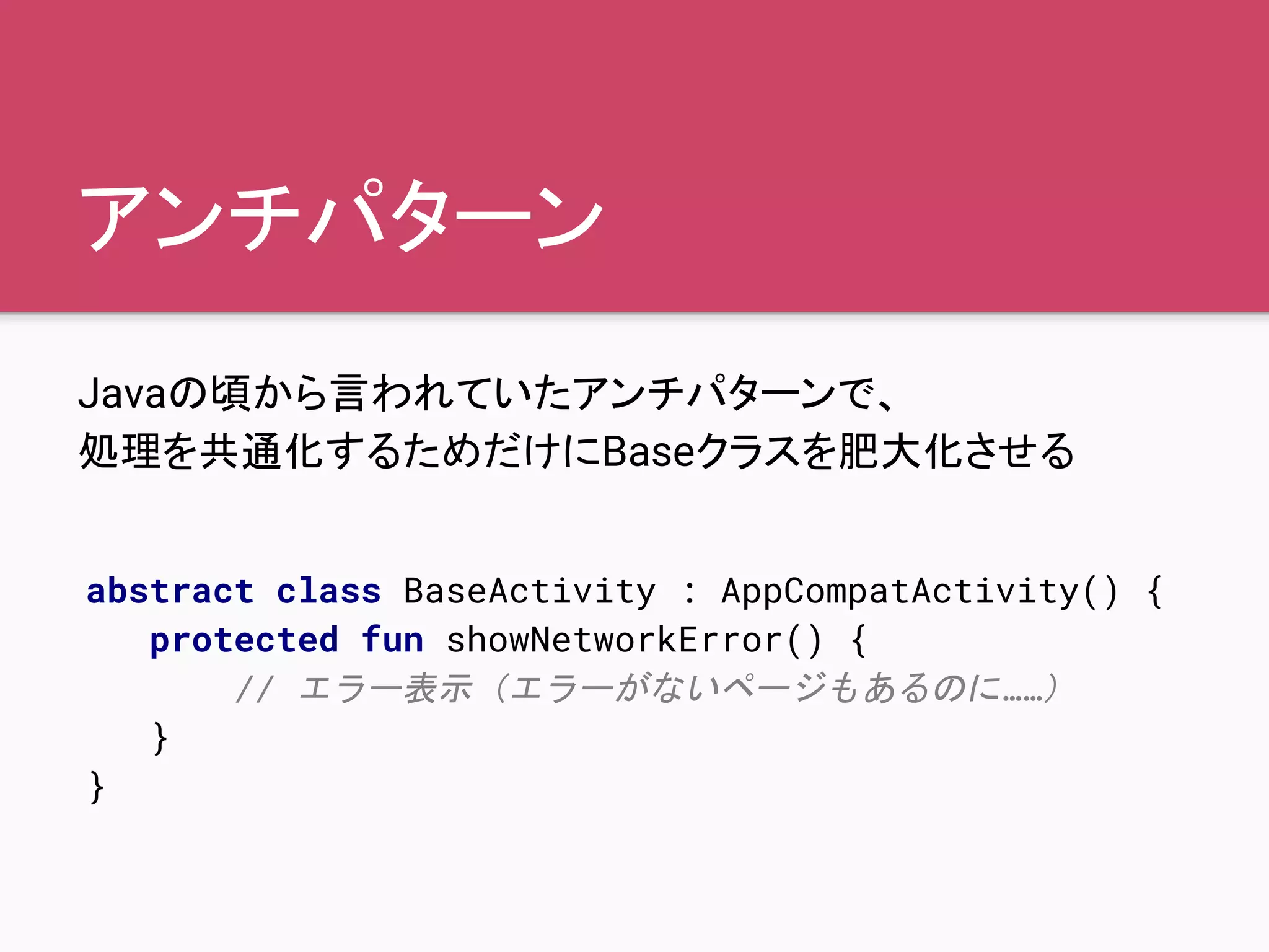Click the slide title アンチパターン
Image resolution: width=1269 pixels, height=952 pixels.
[341, 216]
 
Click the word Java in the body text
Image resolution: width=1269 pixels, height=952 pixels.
[121, 394]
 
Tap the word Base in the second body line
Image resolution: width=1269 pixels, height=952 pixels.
[648, 451]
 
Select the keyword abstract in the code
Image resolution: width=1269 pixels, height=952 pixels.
[170, 591]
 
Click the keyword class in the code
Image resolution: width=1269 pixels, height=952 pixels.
[328, 591]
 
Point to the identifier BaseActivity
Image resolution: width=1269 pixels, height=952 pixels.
[529, 591]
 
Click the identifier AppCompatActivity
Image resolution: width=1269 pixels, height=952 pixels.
[901, 591]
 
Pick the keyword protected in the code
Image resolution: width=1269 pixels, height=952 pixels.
[244, 640]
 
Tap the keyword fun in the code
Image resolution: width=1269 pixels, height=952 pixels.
[393, 640]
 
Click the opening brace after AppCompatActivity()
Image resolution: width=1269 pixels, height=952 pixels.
[1154, 592]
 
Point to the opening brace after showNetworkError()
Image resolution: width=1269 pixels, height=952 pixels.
[858, 641]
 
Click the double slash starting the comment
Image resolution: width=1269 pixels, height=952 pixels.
[254, 689]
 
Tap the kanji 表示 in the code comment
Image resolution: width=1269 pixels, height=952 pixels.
[437, 689]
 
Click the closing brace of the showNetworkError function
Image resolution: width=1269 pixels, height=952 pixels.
[160, 738]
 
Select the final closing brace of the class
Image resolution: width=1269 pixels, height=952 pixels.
[97, 787]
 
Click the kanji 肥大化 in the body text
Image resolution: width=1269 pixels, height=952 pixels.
[901, 451]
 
